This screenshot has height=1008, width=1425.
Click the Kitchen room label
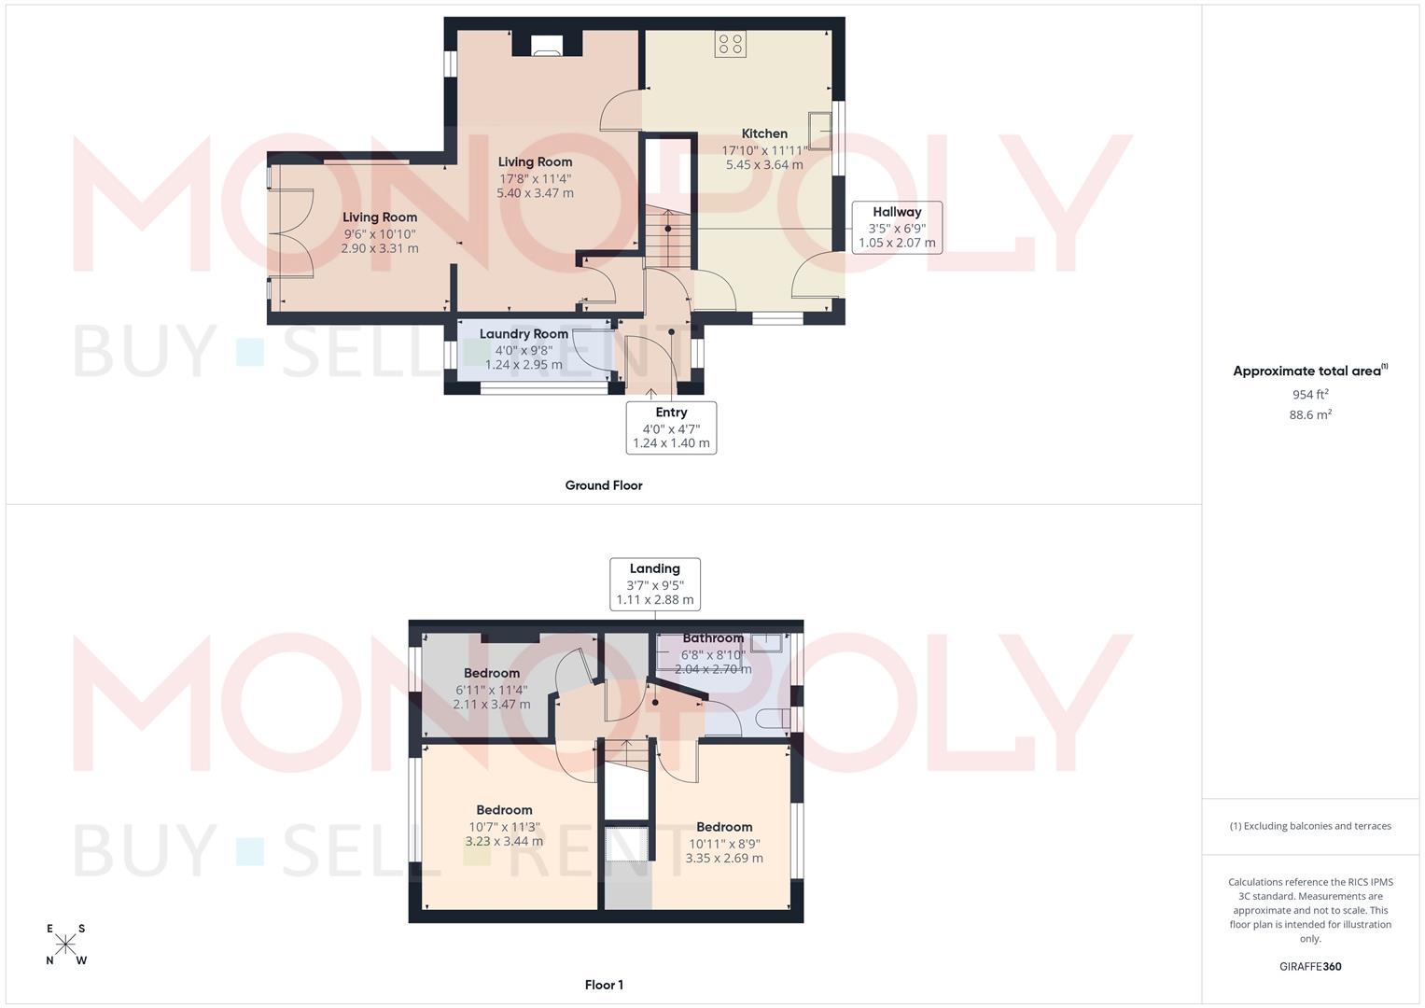coord(764,133)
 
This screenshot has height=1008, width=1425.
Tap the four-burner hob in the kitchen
coord(730,44)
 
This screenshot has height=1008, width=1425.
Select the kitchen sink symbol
coord(821,131)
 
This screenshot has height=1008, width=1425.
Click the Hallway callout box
coord(897,227)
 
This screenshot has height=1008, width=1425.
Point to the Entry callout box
coord(671,427)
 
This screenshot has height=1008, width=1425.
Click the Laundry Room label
coord(524,334)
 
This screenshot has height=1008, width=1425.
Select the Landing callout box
coord(654,584)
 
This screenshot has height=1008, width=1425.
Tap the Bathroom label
coord(713,638)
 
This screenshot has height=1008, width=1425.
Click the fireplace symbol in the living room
coord(547,47)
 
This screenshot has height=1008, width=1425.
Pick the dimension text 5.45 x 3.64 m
coord(764,164)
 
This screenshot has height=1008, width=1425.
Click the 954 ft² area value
coord(1310,394)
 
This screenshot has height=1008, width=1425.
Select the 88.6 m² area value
coord(1310,414)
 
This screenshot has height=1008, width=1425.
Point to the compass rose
coord(65,945)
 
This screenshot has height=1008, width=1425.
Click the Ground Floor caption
coord(604,485)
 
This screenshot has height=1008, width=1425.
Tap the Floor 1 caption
coord(604,985)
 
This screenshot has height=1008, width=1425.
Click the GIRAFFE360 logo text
coord(1310,967)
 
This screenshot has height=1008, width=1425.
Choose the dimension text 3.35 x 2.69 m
coord(724,859)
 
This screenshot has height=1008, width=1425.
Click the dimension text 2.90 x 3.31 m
coord(380,248)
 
